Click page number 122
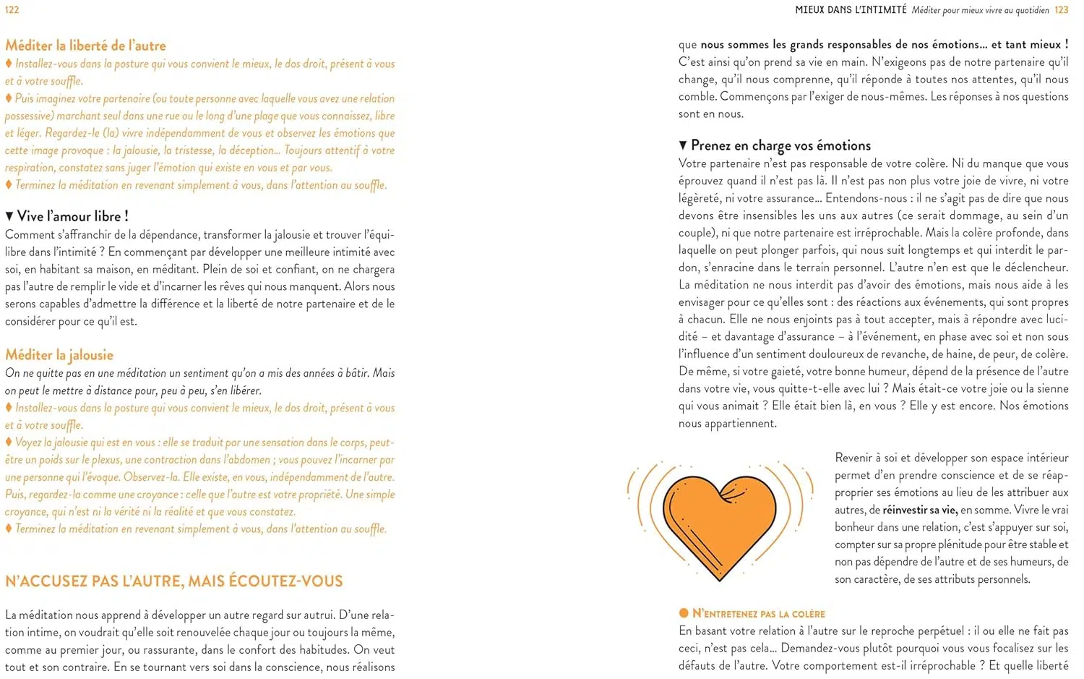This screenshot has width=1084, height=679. point(12,9)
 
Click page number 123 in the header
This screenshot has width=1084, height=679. point(1061,9)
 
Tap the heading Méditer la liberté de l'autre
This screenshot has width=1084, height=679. point(85,46)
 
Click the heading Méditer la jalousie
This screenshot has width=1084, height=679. point(59,355)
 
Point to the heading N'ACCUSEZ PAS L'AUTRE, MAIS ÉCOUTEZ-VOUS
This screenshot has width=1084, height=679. point(173,581)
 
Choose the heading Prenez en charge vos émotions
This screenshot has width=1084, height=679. point(780,145)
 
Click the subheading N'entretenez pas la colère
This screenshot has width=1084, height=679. point(758,614)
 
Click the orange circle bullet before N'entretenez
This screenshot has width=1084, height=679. point(684,614)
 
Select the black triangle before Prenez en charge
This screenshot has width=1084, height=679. point(683,145)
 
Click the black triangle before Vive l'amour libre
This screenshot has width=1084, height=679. point(9,216)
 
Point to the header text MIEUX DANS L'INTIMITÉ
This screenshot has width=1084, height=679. point(851,9)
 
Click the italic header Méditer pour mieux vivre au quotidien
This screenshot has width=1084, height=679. point(980,10)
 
